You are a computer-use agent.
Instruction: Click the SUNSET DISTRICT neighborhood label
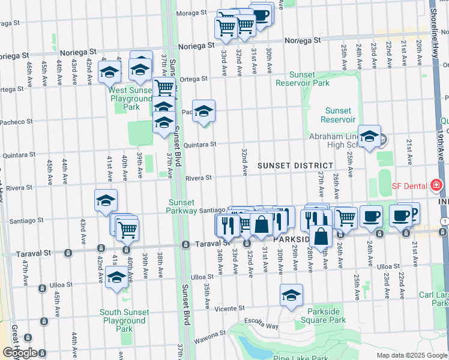pos(295,165)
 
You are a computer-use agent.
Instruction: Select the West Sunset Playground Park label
pos(131,99)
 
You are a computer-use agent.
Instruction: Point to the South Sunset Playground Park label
pos(124,320)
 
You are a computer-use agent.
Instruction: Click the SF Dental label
pos(412,186)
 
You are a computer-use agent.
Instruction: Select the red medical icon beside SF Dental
pos(437,186)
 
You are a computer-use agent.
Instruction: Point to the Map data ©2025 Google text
pos(411,355)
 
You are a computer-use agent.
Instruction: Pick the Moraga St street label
pos(191,13)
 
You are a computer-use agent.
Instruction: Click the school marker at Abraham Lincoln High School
pos(369,136)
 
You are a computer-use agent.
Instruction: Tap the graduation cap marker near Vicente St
pos(291,295)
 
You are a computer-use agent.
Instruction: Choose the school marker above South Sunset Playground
pos(116,277)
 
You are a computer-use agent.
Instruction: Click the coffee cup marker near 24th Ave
pos(371,217)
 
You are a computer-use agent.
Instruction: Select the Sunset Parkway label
pos(182,206)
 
